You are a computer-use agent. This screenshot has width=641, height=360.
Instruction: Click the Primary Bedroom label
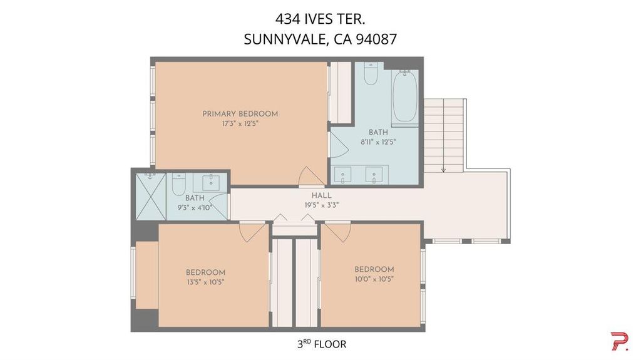click(x=240, y=114)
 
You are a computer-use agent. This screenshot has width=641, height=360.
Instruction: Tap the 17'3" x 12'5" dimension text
click(x=240, y=123)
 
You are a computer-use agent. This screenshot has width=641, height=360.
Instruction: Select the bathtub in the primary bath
click(x=405, y=96)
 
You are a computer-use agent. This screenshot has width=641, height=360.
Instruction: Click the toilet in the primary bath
click(x=371, y=74)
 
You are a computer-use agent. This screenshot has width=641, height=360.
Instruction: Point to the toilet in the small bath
click(x=178, y=184)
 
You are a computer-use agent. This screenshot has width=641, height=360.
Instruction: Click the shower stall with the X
click(x=151, y=197)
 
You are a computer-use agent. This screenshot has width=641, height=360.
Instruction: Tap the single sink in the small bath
click(x=211, y=183)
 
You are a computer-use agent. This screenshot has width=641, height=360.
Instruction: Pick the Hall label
click(x=322, y=195)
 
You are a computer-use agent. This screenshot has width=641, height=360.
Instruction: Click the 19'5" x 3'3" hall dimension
click(x=322, y=205)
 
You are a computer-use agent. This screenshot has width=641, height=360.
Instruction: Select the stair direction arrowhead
click(x=443, y=170)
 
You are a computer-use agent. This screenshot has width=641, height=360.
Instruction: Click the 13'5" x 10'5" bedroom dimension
click(x=205, y=282)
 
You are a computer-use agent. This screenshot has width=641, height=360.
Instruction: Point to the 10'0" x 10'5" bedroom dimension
click(x=374, y=279)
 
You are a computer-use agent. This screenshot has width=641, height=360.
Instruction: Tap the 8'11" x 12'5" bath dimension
click(x=378, y=142)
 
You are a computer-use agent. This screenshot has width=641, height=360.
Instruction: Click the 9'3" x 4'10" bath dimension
click(x=195, y=207)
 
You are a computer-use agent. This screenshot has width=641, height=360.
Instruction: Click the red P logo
click(x=620, y=341)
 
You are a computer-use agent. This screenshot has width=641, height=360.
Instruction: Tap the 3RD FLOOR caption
click(x=322, y=344)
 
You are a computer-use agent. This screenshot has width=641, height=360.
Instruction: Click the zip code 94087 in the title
click(x=376, y=39)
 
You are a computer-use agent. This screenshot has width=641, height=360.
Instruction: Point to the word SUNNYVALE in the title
click(x=285, y=39)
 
